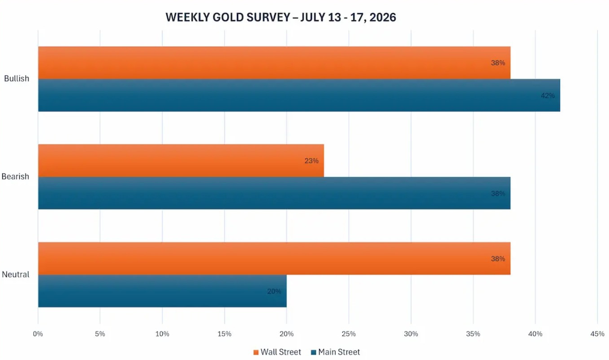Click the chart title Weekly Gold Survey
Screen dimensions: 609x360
(x=281, y=17)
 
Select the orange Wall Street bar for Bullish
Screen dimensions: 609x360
(x=274, y=63)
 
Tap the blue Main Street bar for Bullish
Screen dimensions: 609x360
(x=299, y=95)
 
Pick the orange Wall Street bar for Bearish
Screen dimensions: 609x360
(x=181, y=161)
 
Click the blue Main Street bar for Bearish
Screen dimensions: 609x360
(x=274, y=193)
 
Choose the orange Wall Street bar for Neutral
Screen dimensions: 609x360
(x=274, y=258)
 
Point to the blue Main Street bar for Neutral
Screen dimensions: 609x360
(x=162, y=291)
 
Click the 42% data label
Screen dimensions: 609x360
(x=548, y=96)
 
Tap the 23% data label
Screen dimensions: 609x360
(x=311, y=161)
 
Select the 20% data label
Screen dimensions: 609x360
(x=274, y=291)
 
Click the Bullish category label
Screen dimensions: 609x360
(x=17, y=78)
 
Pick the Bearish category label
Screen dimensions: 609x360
(x=15, y=176)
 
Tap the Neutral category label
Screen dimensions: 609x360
(x=16, y=274)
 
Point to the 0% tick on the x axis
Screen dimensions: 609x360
(x=38, y=334)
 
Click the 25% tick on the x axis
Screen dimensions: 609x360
(x=349, y=334)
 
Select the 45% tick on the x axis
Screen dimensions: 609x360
(x=597, y=334)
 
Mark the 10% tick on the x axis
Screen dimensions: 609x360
(x=162, y=334)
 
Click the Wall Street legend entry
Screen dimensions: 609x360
(x=277, y=352)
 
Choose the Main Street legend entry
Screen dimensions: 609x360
(x=336, y=352)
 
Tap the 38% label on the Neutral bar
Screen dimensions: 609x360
(x=498, y=259)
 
